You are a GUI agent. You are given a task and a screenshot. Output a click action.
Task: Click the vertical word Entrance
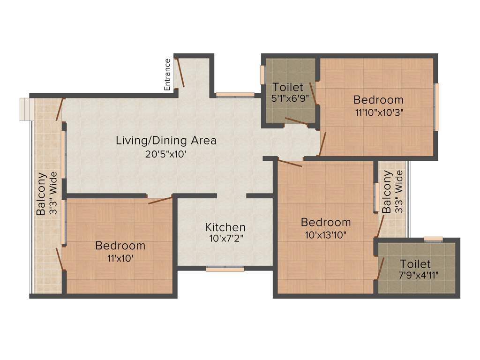(x=167, y=74)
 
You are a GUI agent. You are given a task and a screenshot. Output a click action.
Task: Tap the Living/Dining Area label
(x=166, y=140)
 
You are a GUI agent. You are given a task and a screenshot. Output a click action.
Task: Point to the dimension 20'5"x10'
(x=166, y=153)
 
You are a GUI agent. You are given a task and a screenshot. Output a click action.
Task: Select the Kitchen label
(x=225, y=227)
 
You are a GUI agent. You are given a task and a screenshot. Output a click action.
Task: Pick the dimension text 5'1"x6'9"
(x=288, y=99)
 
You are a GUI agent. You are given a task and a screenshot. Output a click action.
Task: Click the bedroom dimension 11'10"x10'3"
(x=378, y=112)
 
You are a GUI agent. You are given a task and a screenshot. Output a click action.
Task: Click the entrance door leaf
(x=180, y=73)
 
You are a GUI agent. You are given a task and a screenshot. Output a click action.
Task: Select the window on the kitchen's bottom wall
(x=225, y=269)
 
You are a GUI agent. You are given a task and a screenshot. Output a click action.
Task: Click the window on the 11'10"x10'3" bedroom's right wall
(x=436, y=107)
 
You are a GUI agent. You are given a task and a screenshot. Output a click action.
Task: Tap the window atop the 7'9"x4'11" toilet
(x=433, y=240)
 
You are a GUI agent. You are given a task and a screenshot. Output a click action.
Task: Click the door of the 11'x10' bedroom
(x=160, y=201)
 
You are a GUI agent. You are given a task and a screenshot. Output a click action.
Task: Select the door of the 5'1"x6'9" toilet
(x=297, y=122)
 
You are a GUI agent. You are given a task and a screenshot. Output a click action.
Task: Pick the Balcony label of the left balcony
(x=42, y=194)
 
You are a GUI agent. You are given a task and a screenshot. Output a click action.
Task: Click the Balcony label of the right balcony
(x=387, y=192)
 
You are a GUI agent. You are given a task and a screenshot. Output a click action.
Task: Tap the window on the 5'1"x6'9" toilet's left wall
(x=263, y=75)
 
